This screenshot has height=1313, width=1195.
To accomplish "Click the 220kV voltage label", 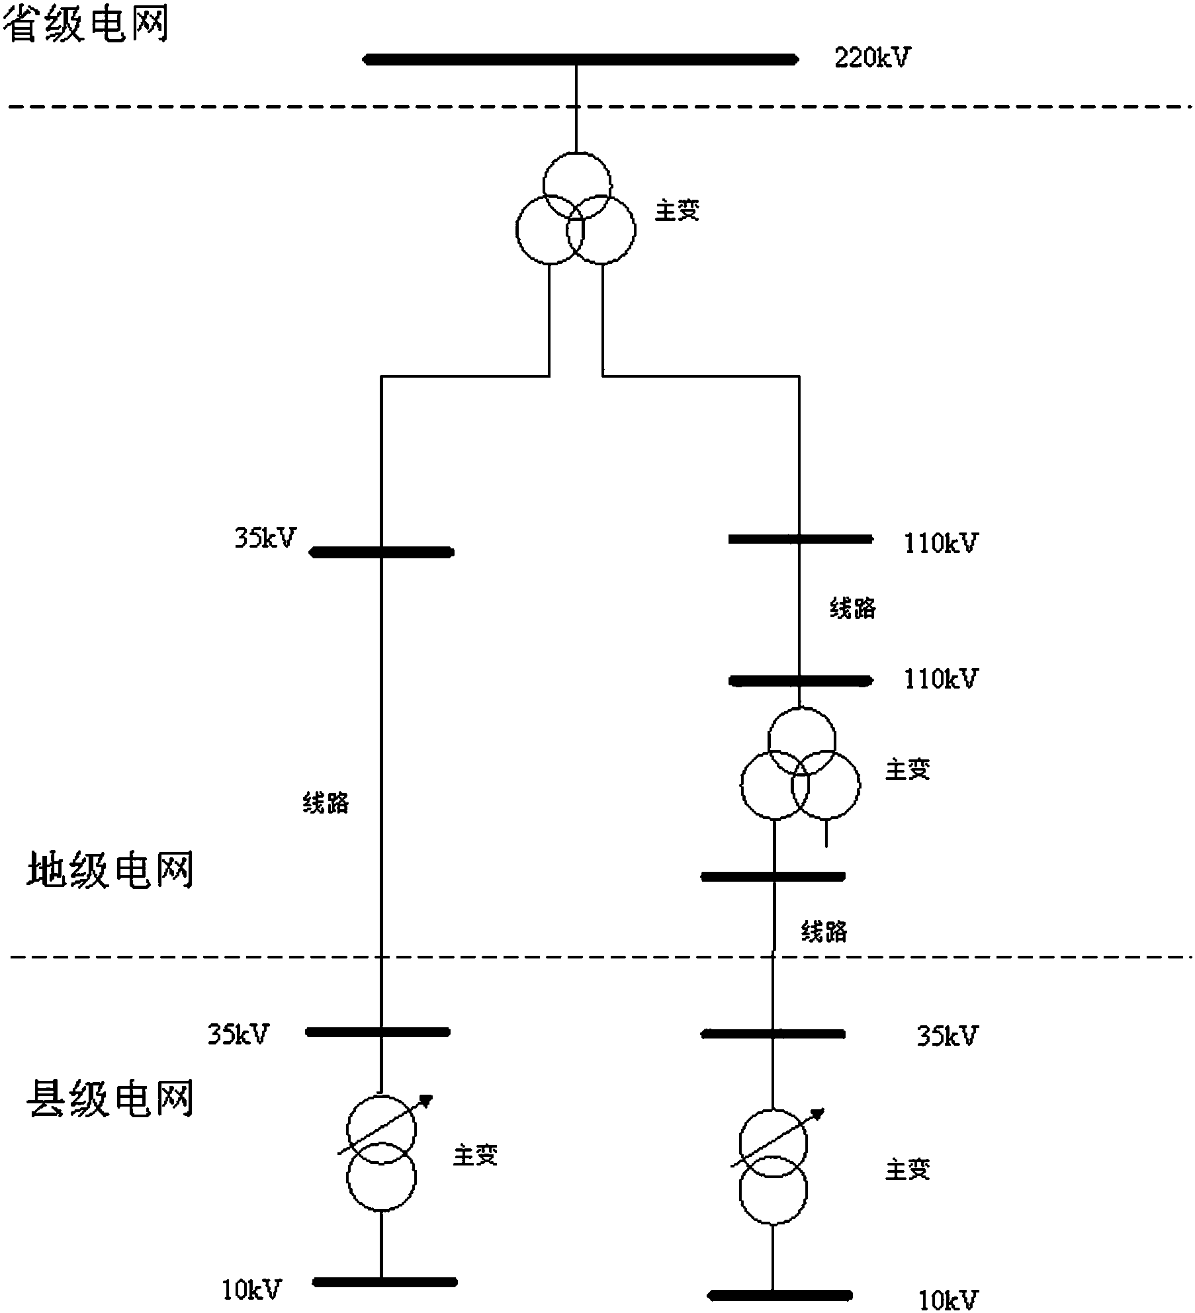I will point(871,58).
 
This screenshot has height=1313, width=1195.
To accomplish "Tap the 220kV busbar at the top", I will point(580,60).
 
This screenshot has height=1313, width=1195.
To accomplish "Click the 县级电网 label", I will point(110,1099).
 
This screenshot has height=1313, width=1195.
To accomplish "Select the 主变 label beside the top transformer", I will point(677,211).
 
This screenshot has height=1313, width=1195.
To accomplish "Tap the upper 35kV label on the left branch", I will point(265,538).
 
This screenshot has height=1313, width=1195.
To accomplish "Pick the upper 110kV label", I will point(940,544).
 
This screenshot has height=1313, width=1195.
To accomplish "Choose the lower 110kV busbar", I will point(800,680).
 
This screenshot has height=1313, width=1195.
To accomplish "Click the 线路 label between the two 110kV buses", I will point(853,608).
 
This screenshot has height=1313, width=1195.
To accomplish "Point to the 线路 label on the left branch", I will point(326,803).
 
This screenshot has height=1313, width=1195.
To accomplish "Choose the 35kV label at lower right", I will point(946,1037).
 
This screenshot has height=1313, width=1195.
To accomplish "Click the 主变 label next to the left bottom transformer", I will point(475,1155).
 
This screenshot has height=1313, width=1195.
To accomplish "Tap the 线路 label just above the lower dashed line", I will point(824,932).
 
